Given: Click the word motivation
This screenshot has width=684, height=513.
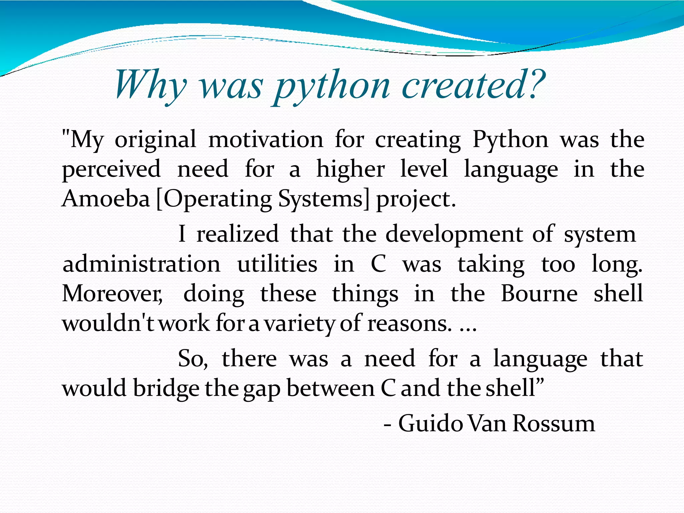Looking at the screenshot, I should pyautogui.click(x=266, y=140).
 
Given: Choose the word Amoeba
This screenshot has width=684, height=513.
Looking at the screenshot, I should pyautogui.click(x=106, y=199).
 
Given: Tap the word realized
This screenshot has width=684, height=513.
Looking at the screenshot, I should pyautogui.click(x=237, y=234).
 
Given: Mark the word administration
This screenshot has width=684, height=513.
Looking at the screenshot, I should pyautogui.click(x=142, y=264).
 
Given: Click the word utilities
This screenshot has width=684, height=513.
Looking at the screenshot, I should pyautogui.click(x=277, y=264).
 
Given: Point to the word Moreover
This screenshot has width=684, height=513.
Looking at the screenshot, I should pyautogui.click(x=112, y=294).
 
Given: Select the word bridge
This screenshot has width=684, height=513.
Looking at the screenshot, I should pyautogui.click(x=166, y=389).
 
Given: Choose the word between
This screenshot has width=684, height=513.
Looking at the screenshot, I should pyautogui.click(x=331, y=388).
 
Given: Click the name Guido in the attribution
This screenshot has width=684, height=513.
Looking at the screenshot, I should pyautogui.click(x=431, y=423).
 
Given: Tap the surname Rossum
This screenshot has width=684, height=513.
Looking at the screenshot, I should pyautogui.click(x=554, y=423).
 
